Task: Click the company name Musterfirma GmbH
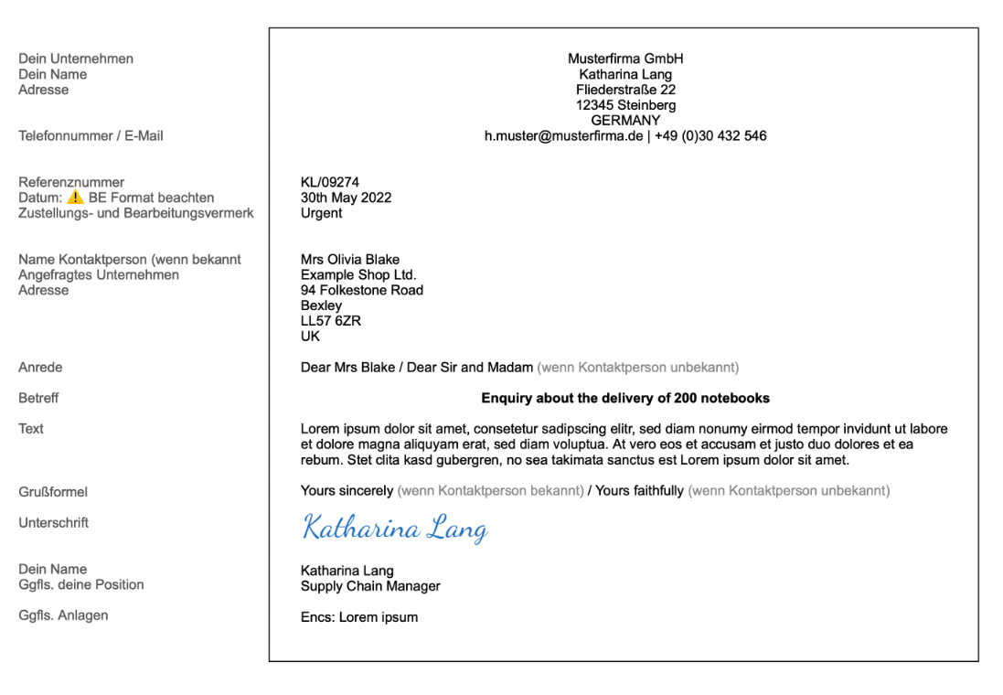coord(625,59)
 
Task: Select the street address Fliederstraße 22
coord(625,90)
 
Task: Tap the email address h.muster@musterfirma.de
coord(563,136)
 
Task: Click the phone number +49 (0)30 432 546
coord(710,136)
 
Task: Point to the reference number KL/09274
coord(329,183)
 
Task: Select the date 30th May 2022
coord(346,198)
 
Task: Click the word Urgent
coord(321,213)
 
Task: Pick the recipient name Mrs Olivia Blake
coord(349,260)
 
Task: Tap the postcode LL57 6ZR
coord(330,321)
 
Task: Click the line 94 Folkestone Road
coord(361,290)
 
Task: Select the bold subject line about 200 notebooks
coord(625,398)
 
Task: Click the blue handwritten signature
coord(394,529)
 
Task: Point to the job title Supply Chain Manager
coord(370,586)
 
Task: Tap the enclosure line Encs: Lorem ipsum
coord(358,617)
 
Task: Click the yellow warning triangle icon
coord(75,198)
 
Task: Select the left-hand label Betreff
coord(38,399)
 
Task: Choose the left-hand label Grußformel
coord(53,492)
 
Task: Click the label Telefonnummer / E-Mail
coord(91,136)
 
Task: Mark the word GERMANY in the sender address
coord(625,121)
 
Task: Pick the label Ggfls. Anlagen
coord(63,615)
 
